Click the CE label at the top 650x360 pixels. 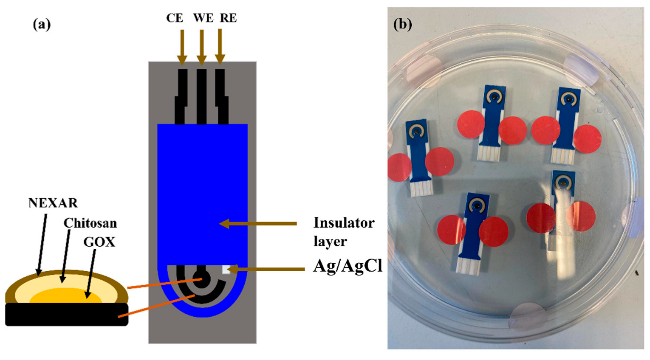(x=175, y=18)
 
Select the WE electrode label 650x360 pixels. (x=203, y=18)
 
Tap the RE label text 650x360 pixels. (x=228, y=18)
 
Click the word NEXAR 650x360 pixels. (x=53, y=203)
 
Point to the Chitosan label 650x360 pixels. (x=90, y=223)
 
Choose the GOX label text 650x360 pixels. (x=99, y=242)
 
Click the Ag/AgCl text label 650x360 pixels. (x=348, y=266)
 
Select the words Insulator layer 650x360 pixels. (x=344, y=232)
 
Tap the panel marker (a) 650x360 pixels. (x=42, y=24)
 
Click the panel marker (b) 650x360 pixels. (x=402, y=24)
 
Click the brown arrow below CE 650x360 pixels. (x=182, y=47)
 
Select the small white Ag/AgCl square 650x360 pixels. (x=226, y=270)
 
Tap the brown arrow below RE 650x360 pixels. (x=220, y=47)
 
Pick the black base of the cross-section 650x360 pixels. (x=67, y=315)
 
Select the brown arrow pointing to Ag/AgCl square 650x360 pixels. (x=268, y=269)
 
